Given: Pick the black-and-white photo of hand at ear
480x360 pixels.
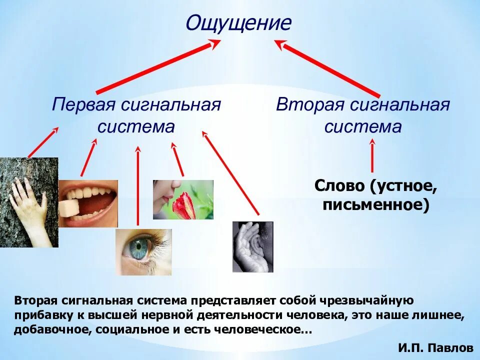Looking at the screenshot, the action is [252, 246].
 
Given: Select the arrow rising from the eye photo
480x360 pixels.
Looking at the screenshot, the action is [138, 185].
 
